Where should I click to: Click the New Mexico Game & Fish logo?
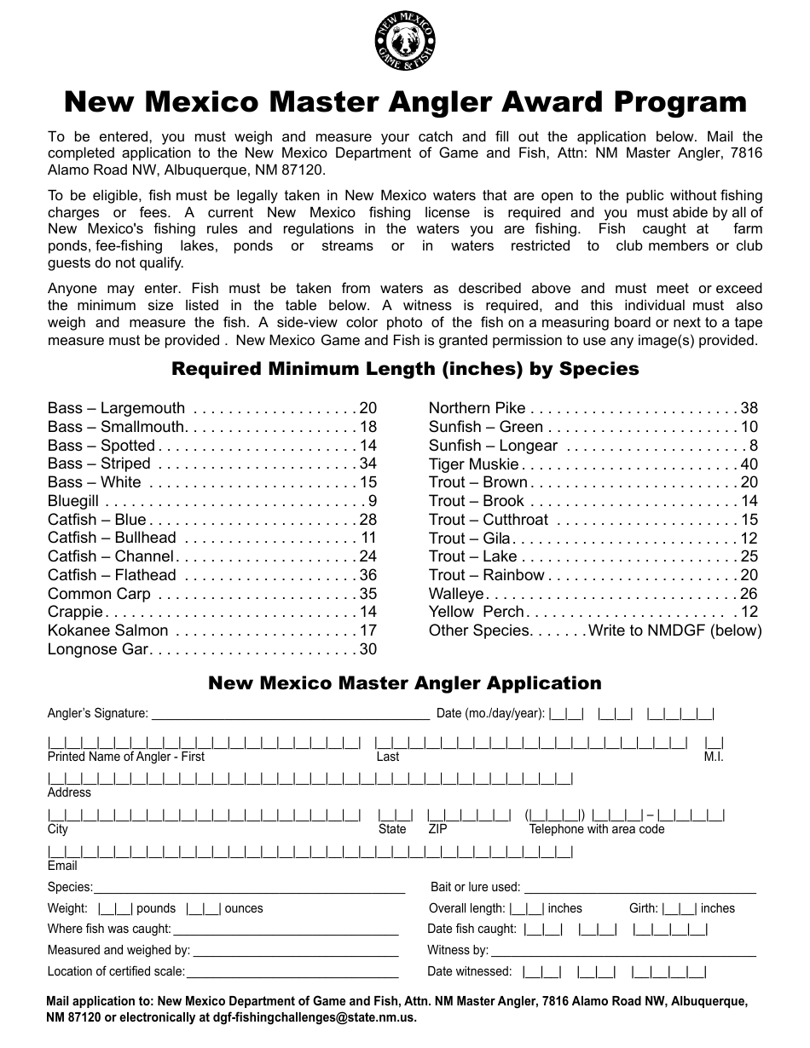coord(405,42)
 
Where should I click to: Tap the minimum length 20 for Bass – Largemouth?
coord(367,408)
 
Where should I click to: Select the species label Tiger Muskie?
coord(473,464)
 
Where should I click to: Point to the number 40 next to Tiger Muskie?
coord(749,464)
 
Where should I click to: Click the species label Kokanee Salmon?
coord(107,631)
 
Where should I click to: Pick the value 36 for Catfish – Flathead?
coord(367,575)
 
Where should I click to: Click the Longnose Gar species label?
coord(98,649)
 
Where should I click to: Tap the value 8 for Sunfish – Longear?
coord(753,446)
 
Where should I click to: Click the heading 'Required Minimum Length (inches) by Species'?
coord(405,369)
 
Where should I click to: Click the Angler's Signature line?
coord(290,714)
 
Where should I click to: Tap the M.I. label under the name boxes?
coord(714,757)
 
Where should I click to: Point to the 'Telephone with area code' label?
coord(596,829)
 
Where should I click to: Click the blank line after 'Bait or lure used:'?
coord(639,888)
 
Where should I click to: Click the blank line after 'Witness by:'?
coord(623,950)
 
